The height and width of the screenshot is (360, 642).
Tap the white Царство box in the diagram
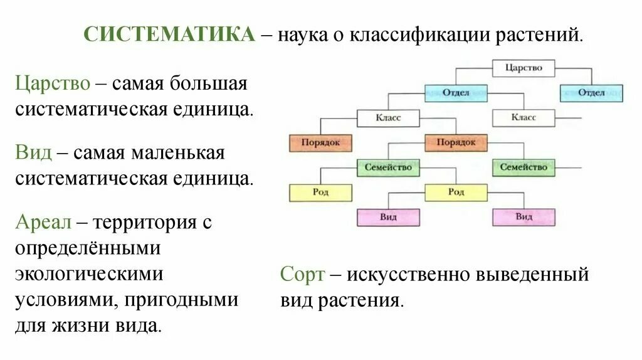524,68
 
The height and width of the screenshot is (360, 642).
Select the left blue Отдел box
456,93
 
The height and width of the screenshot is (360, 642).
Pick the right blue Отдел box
591,93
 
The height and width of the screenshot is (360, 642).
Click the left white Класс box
388,117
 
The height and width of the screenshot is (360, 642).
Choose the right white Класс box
524,117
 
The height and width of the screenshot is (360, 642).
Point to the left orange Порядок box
320,142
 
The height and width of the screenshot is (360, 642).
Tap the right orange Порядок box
456,142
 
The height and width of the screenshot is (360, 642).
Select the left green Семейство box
388,167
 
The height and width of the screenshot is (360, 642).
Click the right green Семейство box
524,167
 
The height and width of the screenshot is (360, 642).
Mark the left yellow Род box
320,192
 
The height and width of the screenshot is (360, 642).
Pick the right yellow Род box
456,192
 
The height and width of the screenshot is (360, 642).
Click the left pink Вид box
388,217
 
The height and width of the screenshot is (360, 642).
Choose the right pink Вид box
524,217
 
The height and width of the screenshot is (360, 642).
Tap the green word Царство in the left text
53,84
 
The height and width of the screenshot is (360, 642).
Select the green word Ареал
43,222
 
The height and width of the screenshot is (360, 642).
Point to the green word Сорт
303,275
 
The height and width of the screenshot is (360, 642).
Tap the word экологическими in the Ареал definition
90,275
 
